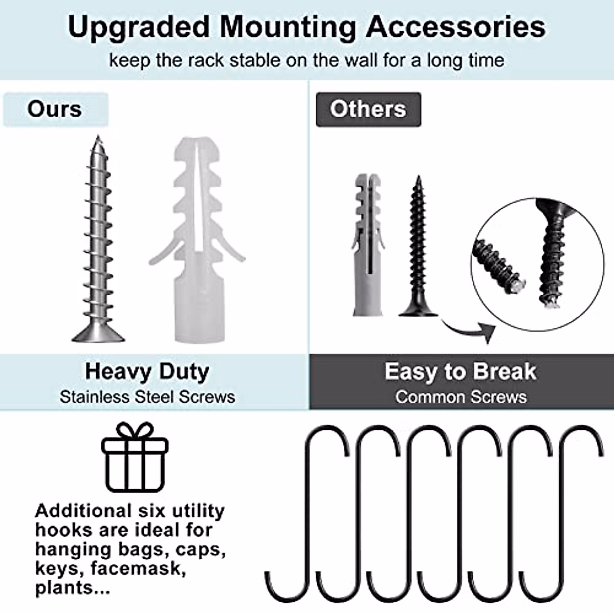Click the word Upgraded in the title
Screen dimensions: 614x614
click(139, 27)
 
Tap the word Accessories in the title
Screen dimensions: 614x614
click(455, 27)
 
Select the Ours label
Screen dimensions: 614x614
click(55, 109)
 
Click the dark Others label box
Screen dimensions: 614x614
click(368, 109)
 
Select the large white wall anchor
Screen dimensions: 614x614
click(197, 240)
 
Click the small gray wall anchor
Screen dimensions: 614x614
click(368, 246)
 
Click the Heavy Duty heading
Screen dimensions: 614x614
click(147, 371)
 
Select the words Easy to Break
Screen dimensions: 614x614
click(460, 371)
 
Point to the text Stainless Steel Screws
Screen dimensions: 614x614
click(147, 397)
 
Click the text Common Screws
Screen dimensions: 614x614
click(461, 397)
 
